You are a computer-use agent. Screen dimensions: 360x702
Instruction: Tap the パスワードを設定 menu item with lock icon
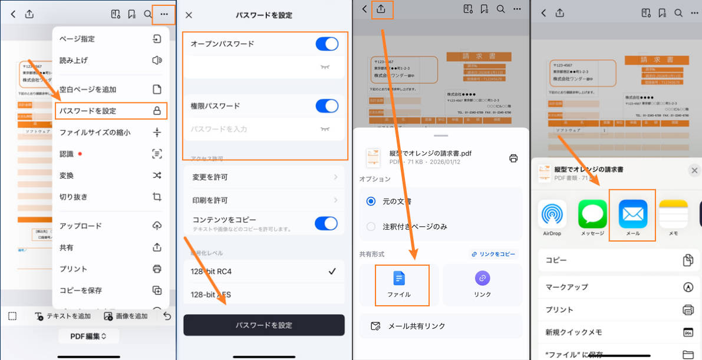(110, 111)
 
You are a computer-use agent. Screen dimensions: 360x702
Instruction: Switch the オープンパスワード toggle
(327, 44)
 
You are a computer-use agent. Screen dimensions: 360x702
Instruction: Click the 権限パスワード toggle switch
(327, 106)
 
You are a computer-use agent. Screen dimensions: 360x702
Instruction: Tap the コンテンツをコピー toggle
(326, 223)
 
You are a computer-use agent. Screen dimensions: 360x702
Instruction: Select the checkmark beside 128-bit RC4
(332, 272)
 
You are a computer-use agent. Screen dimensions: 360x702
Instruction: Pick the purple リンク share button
(482, 285)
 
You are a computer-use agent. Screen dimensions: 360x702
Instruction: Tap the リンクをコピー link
(494, 254)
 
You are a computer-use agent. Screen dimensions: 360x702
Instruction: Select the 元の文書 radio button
(371, 201)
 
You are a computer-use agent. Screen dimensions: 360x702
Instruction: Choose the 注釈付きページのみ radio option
(371, 226)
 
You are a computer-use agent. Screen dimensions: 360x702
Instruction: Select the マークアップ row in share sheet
(618, 287)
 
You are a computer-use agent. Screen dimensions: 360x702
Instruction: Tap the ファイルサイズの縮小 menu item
(110, 133)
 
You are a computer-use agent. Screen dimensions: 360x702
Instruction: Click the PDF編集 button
(88, 336)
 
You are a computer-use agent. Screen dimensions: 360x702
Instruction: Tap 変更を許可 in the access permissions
(263, 177)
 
